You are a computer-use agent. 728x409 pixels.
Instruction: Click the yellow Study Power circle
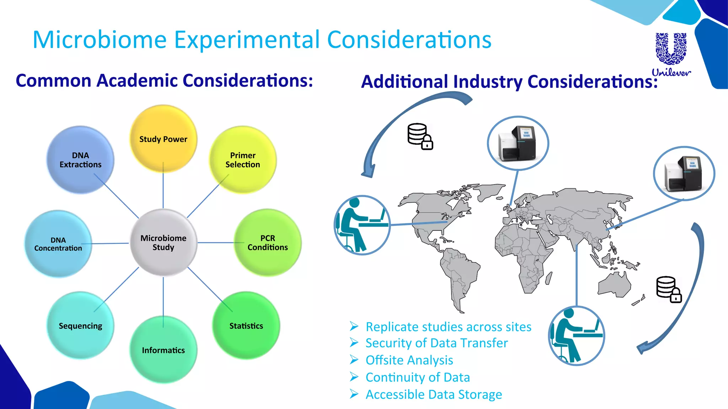coord(163,139)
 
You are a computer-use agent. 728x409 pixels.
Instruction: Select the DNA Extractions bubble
coord(80,160)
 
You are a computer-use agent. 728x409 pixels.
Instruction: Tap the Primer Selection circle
coord(243,160)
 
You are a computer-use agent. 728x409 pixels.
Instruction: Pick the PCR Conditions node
coord(268,242)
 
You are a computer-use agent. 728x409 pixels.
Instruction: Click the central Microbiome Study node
coord(163,242)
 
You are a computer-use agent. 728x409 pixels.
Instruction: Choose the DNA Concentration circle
coord(58,244)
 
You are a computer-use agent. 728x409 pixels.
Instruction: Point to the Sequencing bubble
coord(80,326)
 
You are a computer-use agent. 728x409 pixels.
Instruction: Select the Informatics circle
coord(163,350)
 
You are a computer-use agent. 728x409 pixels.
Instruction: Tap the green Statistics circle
coord(246,326)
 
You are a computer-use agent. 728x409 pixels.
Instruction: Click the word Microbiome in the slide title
coord(100,40)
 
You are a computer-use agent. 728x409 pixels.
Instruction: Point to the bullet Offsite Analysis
coord(409,360)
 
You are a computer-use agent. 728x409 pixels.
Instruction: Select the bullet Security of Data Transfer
coord(437,343)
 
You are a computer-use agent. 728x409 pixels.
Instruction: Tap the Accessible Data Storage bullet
coord(434,394)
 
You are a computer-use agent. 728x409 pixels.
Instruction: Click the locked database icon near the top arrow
coord(420,136)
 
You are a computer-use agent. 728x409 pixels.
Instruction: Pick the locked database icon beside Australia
coord(669,289)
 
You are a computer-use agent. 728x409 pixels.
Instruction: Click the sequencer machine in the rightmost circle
coord(684,174)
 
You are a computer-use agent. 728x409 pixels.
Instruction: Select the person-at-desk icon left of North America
coord(362,225)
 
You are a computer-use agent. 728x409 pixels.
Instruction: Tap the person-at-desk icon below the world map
coord(576,336)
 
